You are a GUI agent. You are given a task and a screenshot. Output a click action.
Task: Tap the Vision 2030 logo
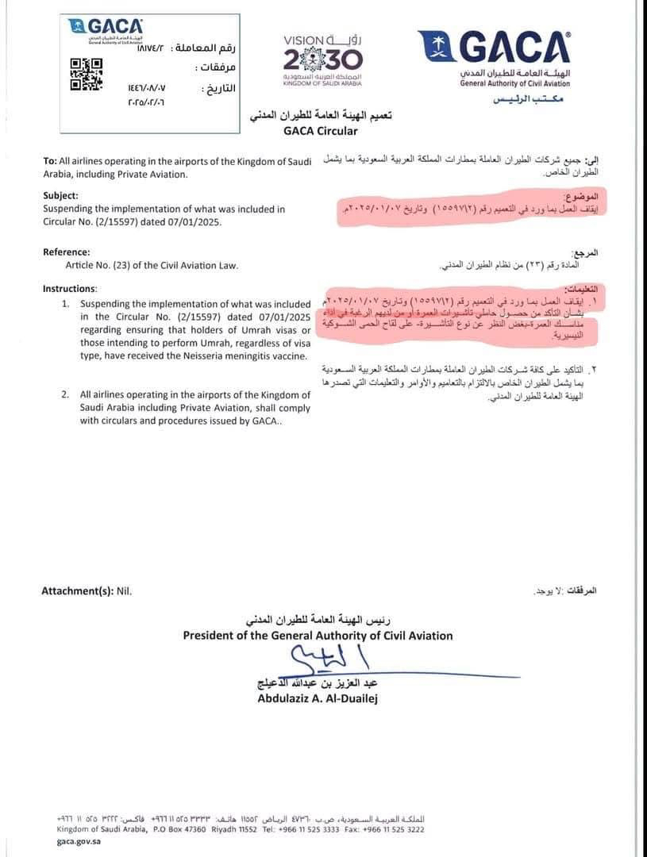(322, 57)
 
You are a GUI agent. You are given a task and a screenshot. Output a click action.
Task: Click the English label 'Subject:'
(61, 195)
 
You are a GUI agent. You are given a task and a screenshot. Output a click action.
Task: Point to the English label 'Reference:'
(67, 252)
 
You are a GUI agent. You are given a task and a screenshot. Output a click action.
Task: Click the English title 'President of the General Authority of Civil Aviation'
(318, 635)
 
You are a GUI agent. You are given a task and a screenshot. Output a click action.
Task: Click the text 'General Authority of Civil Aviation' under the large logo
(514, 83)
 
